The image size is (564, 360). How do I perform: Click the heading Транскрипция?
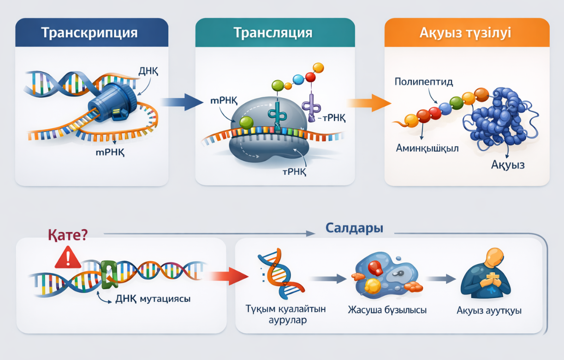89,33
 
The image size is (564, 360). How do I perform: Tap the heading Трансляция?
273,33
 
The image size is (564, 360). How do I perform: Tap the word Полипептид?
424,82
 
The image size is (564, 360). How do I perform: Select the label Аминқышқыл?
427,148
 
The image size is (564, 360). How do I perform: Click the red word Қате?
67,235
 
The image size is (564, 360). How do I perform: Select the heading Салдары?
354,228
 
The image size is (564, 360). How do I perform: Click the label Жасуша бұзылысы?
387,310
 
